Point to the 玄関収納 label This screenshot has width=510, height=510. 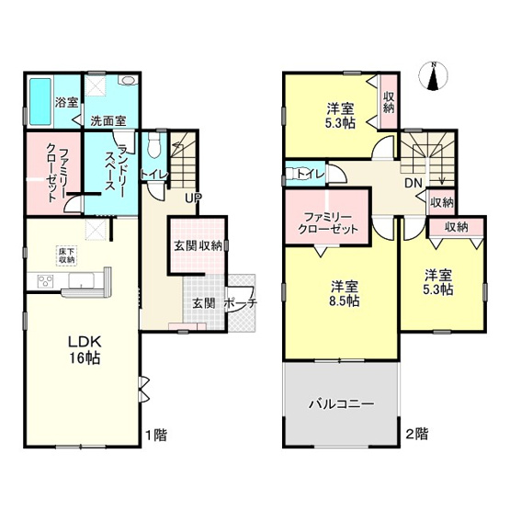click(x=197, y=245)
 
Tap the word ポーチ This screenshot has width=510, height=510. click(x=238, y=304)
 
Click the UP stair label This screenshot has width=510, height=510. click(x=192, y=198)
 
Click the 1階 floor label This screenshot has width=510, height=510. click(x=154, y=432)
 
